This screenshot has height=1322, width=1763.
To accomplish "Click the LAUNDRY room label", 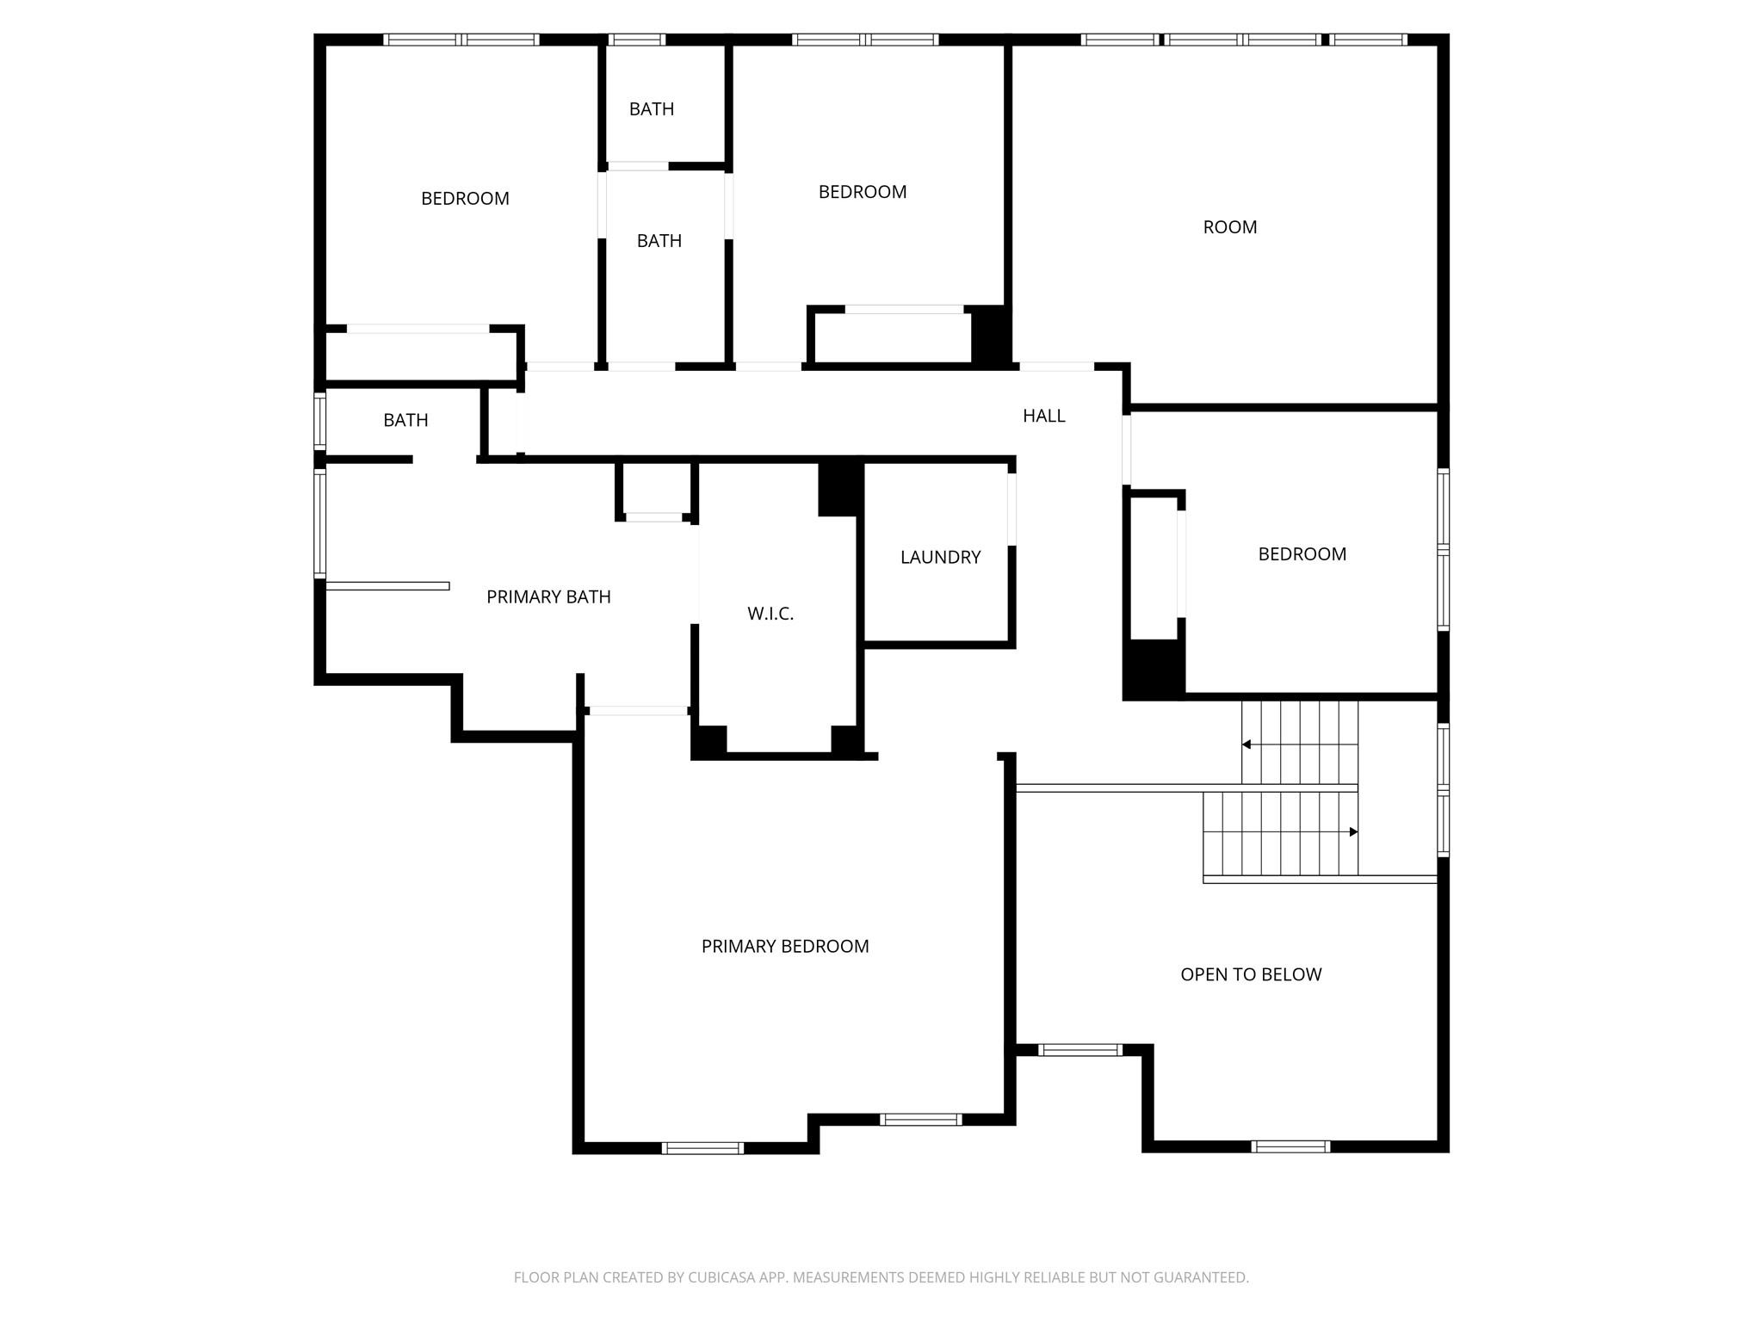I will (940, 557).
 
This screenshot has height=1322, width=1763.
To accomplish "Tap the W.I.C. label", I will (770, 614).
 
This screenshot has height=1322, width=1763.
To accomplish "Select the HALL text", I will (1043, 416).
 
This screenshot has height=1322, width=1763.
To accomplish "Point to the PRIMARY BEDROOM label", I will (784, 946).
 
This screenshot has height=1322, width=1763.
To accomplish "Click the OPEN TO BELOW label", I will (1250, 974).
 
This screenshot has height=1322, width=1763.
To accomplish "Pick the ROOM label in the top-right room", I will (1229, 227).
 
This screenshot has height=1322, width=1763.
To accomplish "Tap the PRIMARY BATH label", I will (548, 596).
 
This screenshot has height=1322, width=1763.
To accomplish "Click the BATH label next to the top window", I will (651, 109).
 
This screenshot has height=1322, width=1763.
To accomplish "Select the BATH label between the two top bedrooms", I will (659, 241).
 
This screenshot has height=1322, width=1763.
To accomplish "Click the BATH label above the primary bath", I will (405, 420).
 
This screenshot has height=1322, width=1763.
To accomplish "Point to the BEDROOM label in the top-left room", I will (465, 199).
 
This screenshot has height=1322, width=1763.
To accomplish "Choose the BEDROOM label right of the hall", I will (1302, 554).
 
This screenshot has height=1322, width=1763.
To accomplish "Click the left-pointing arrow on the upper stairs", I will (1246, 744).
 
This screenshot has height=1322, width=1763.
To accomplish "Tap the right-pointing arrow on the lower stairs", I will (1353, 831).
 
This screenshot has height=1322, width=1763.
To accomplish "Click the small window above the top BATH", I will (636, 40).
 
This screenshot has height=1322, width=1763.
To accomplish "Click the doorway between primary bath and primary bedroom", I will (638, 711).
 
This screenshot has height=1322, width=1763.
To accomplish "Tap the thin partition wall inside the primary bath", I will (387, 586).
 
